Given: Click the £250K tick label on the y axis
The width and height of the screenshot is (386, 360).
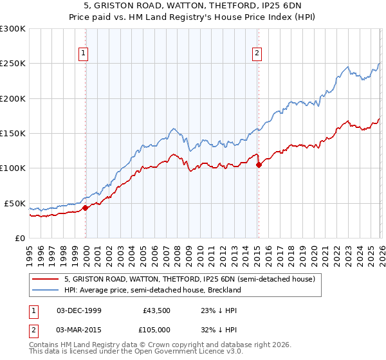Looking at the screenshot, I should click(x=13, y=64).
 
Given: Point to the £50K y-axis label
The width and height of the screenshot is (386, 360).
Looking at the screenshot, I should click(x=15, y=203).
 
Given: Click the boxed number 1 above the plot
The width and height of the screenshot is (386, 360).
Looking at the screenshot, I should click(x=85, y=54).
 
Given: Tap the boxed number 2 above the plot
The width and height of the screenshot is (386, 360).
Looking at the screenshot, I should click(x=257, y=54).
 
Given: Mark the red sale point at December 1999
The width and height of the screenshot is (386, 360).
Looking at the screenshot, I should click(x=85, y=208).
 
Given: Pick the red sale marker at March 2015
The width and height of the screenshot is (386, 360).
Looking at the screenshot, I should click(x=258, y=165).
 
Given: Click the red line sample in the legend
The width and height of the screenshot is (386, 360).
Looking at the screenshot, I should click(x=46, y=280).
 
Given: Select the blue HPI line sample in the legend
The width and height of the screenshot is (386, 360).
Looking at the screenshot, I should click(x=46, y=290).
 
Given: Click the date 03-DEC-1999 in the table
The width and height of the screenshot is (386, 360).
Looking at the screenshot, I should click(x=78, y=310).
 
